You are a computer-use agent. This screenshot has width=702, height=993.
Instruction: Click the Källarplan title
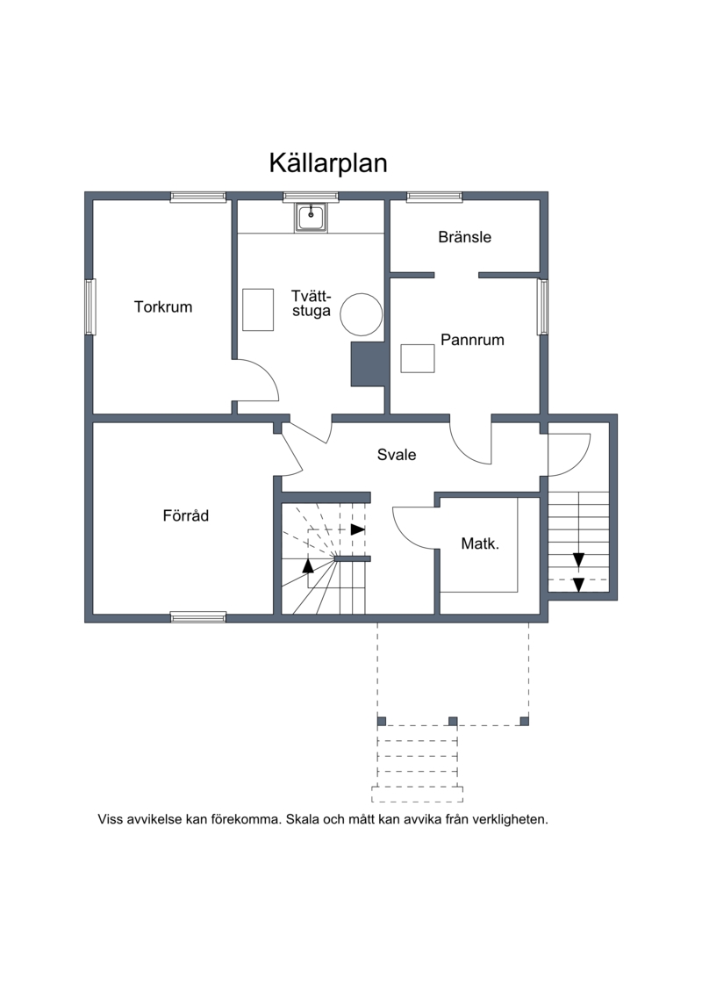tap(328, 163)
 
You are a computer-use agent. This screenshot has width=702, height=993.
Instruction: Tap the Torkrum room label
tap(162, 307)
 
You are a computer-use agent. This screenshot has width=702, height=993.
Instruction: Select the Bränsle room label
tap(464, 237)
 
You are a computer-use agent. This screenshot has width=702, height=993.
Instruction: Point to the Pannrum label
tap(472, 340)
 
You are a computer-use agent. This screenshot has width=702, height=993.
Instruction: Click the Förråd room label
tap(185, 515)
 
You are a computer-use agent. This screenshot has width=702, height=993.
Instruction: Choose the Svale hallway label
tap(397, 455)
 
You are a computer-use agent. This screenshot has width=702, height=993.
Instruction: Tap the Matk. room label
tap(480, 543)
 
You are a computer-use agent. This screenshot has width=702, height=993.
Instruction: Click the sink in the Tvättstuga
tap(310, 217)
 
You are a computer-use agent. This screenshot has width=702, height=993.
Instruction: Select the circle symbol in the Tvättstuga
tap(362, 314)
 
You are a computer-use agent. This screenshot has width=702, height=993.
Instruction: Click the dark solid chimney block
tap(368, 364)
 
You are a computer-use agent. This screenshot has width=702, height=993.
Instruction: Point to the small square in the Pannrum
tap(418, 358)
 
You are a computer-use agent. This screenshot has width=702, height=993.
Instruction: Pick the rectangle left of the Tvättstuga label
tap(258, 310)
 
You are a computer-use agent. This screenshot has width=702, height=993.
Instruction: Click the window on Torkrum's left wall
tap(90, 306)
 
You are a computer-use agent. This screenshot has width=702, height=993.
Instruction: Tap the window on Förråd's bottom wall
tap(198, 617)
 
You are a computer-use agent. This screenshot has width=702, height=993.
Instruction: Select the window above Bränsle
tap(434, 197)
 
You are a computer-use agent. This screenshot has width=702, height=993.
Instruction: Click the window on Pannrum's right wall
tap(542, 306)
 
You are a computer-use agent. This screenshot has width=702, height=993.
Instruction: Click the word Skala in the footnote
tap(303, 819)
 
